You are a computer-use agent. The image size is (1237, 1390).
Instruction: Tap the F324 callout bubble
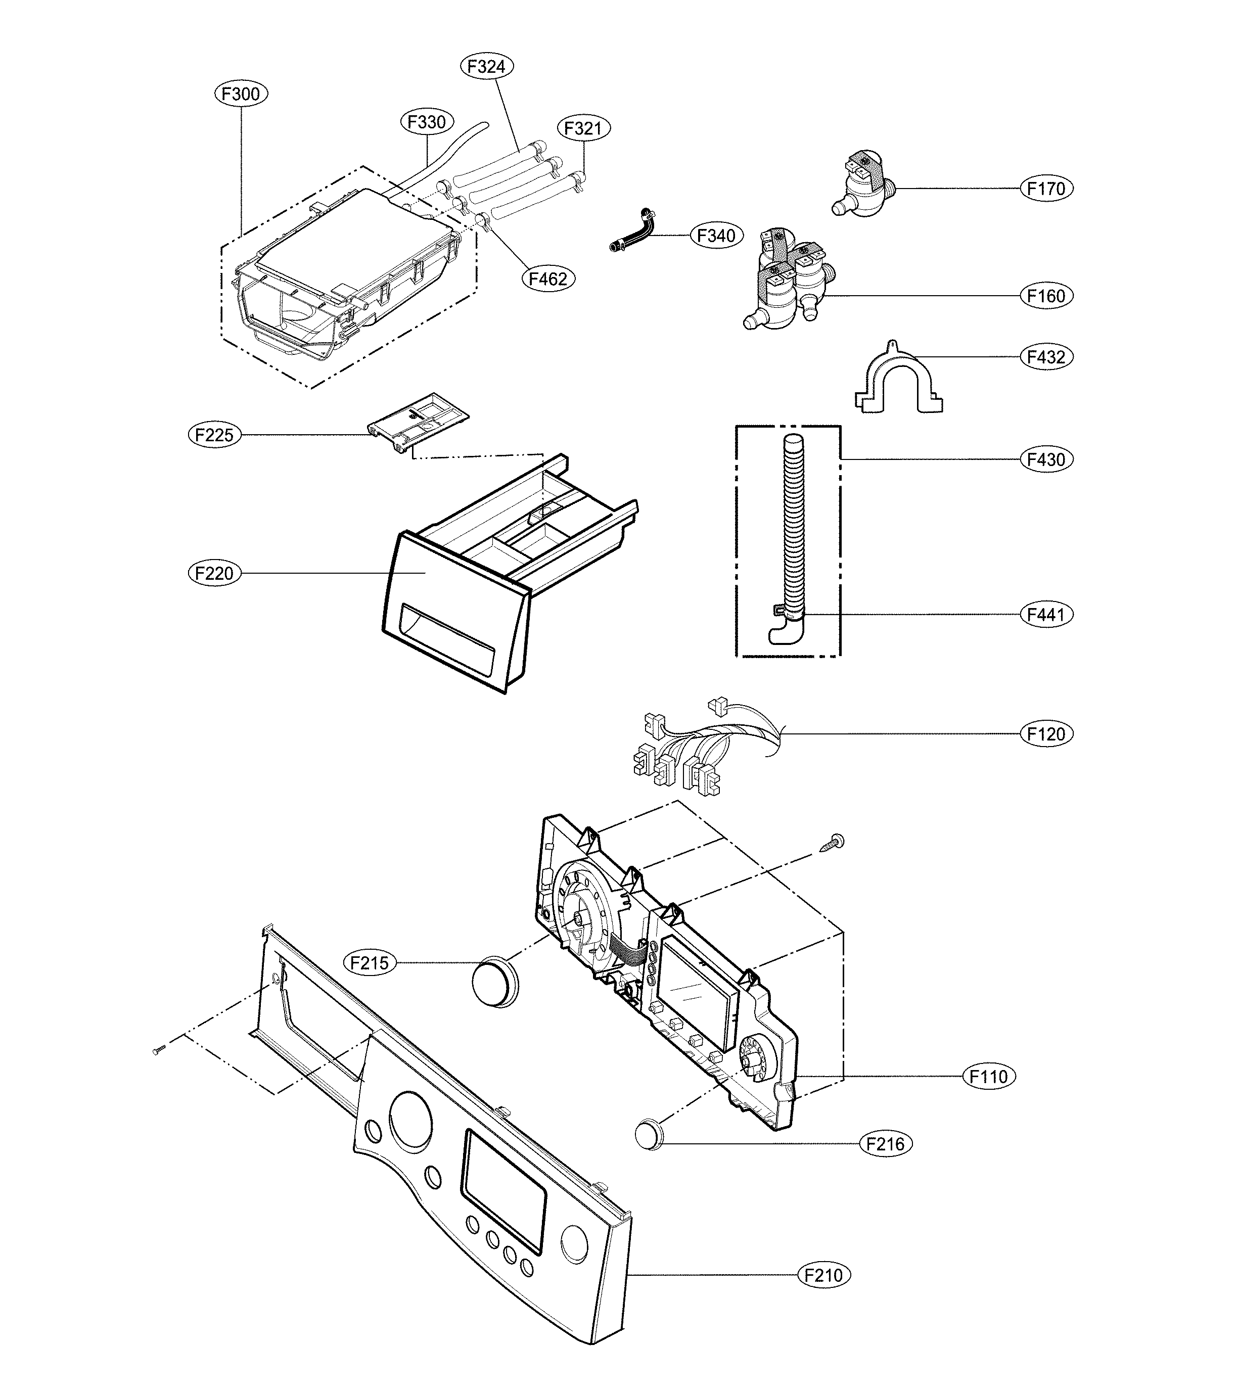[487, 66]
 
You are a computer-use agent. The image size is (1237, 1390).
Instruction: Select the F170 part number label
[1046, 189]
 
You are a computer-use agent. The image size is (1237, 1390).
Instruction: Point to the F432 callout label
[1046, 356]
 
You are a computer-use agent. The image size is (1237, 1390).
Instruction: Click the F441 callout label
[1046, 614]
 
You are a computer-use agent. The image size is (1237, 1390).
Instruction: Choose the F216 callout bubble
[886, 1144]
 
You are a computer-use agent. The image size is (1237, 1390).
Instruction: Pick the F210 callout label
[823, 1275]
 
